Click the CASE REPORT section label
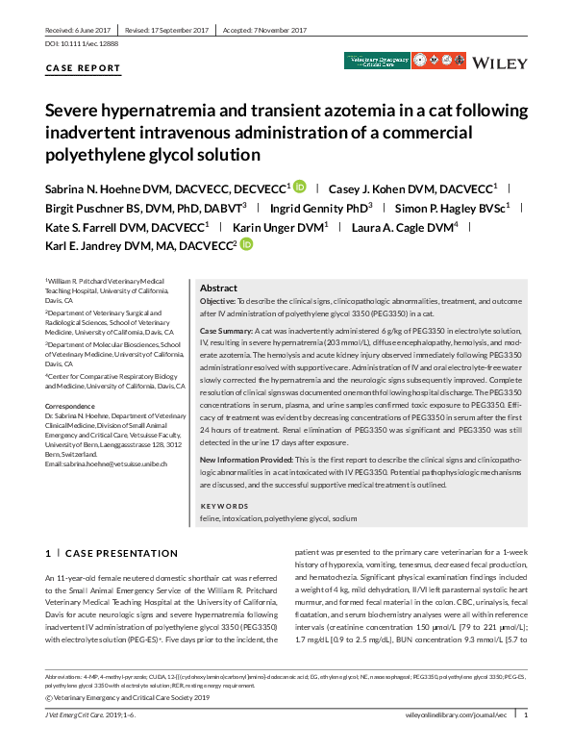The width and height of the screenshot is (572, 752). tap(84, 68)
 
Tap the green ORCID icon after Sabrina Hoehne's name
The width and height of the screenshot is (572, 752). tap(300, 187)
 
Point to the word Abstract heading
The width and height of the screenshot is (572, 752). tap(218, 288)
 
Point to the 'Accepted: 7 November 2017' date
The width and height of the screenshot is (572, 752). tap(265, 31)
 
